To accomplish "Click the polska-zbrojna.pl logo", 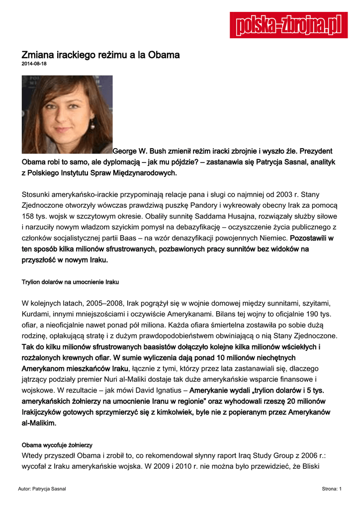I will point(288,25).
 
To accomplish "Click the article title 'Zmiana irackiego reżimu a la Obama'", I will point(100,55).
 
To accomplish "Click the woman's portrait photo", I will point(67,114).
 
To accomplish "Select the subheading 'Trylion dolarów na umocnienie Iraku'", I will point(70,282).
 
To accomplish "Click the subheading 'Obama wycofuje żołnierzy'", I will point(57,444).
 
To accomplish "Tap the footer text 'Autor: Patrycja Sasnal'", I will point(42,489).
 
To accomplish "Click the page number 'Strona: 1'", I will point(332,489).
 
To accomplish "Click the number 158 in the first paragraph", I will point(29,216).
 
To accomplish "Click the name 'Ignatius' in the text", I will point(165,391).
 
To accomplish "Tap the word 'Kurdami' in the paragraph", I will point(35,314).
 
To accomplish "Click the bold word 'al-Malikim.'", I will point(39,424).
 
